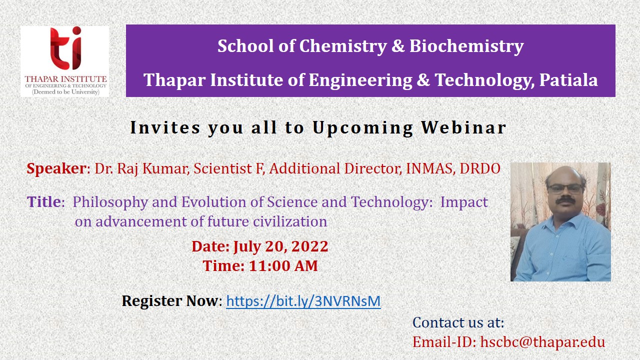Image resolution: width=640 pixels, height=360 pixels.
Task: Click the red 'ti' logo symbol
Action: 66,48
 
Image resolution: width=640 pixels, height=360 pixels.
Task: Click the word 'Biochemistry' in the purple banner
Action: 466,46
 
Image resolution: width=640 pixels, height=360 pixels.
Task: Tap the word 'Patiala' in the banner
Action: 568,79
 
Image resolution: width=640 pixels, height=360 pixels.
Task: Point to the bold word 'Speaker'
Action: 56,168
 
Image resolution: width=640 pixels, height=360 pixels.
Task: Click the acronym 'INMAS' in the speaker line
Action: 429,168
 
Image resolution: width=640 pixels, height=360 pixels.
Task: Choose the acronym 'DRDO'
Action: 480,168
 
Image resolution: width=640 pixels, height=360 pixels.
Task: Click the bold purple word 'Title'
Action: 43,201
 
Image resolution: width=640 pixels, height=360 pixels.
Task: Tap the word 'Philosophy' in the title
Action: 110,203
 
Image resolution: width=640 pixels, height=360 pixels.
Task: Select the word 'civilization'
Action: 290,221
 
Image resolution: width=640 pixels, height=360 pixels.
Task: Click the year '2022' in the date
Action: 309,246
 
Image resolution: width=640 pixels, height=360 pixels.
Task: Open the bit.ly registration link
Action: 303,301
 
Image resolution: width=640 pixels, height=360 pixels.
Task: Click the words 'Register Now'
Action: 170,301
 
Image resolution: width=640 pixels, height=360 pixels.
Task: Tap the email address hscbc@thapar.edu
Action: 542,342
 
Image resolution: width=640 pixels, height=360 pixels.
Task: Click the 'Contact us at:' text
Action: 458,322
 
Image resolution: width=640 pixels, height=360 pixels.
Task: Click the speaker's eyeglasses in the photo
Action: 564,189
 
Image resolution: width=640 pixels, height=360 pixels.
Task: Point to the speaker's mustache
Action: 565,200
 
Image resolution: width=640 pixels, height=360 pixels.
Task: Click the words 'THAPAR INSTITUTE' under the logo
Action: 65,79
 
